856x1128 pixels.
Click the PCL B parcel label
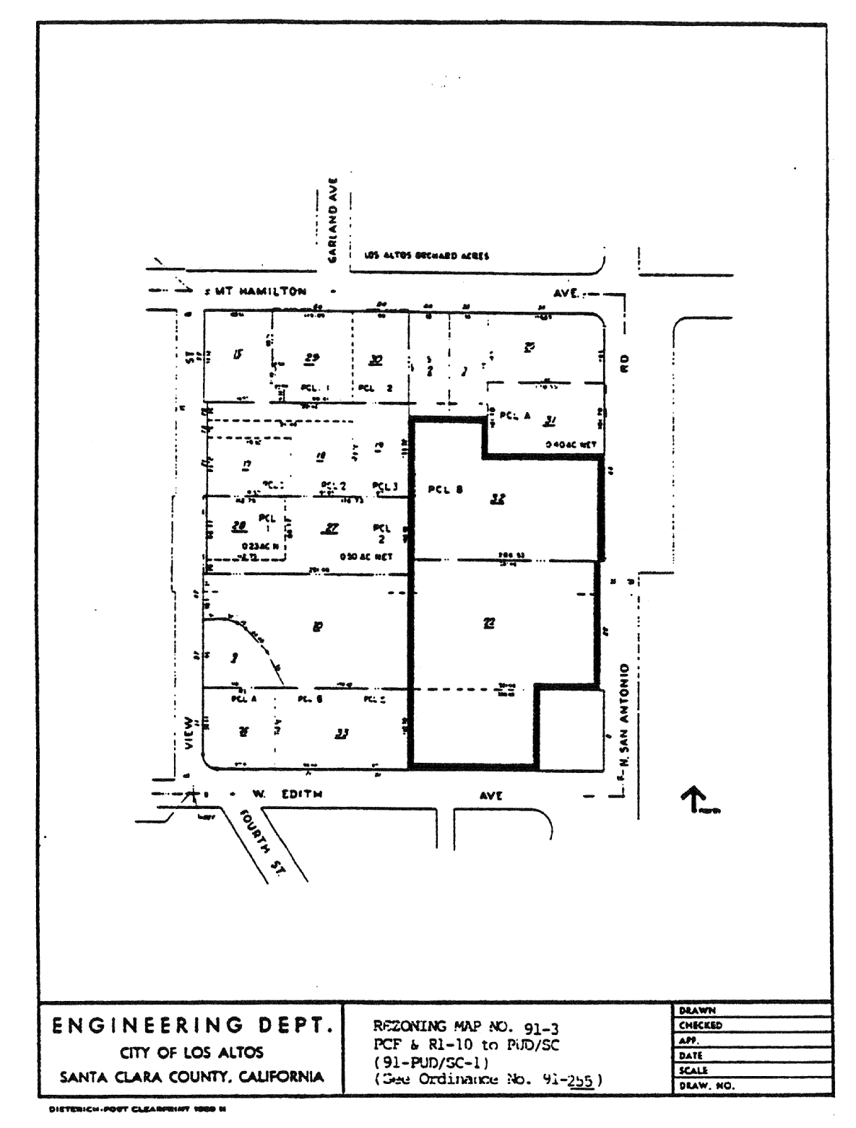(445, 489)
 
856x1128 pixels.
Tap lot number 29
(313, 357)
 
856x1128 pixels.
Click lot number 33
(342, 734)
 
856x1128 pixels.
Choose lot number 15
(238, 353)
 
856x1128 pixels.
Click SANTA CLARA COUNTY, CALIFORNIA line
(191, 1077)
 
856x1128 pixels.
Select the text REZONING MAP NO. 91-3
(465, 1028)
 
